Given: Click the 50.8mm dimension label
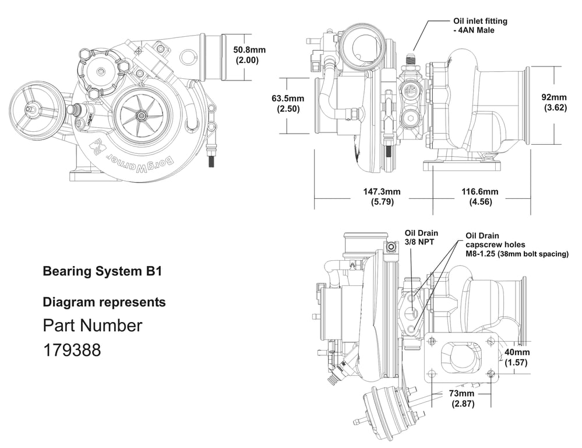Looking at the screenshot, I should pyautogui.click(x=249, y=50).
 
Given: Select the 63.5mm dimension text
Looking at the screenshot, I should pyautogui.click(x=288, y=98).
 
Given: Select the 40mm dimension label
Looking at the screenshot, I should pyautogui.click(x=517, y=352).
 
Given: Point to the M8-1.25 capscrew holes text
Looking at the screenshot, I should pyautogui.click(x=516, y=254).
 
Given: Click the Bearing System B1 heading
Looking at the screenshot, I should pyautogui.click(x=102, y=271).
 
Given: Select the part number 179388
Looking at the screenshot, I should pyautogui.click(x=72, y=350).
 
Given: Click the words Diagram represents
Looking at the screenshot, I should pyautogui.click(x=104, y=302).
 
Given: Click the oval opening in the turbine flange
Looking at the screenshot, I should pyautogui.click(x=460, y=357).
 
